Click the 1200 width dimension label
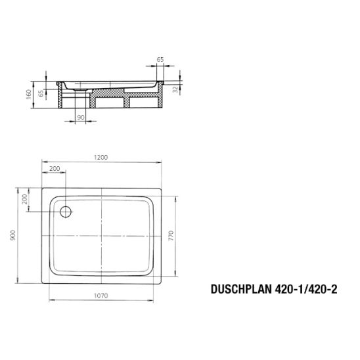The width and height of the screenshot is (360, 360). click(x=101, y=158)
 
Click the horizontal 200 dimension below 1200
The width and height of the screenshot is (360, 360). click(x=55, y=169)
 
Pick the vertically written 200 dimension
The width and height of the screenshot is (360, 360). click(x=24, y=199)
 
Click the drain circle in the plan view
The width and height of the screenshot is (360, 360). click(x=65, y=211)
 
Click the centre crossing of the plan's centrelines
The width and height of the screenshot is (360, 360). click(x=102, y=236)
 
